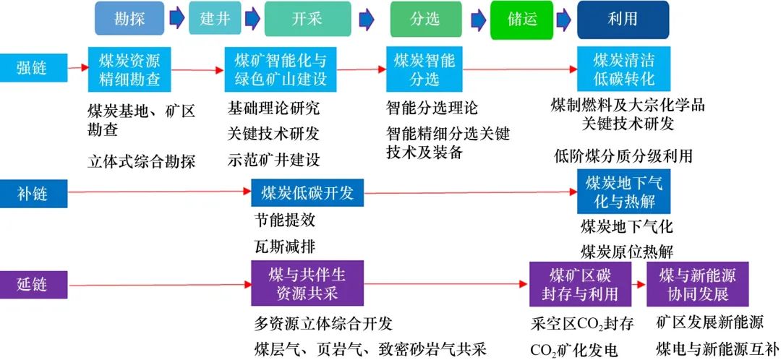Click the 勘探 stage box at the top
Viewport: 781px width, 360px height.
pyautogui.click(x=129, y=18)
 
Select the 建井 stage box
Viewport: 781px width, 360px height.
pyautogui.click(x=215, y=18)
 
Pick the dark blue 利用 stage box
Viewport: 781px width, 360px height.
pyautogui.click(x=623, y=19)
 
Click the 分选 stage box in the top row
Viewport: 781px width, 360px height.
pyautogui.click(x=425, y=19)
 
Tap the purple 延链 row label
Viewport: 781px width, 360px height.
pyautogui.click(x=33, y=284)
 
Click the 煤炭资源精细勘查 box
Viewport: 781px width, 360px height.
pyautogui.click(x=129, y=69)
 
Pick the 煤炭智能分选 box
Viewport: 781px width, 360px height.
pyautogui.click(x=425, y=69)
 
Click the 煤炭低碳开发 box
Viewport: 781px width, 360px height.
pyautogui.click(x=307, y=192)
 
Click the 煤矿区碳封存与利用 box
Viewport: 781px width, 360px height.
pyautogui.click(x=580, y=284)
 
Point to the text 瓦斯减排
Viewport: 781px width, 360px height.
pyautogui.click(x=284, y=245)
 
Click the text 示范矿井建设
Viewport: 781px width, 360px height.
pyautogui.click(x=273, y=160)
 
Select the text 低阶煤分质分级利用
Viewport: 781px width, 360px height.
pyautogui.click(x=623, y=155)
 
